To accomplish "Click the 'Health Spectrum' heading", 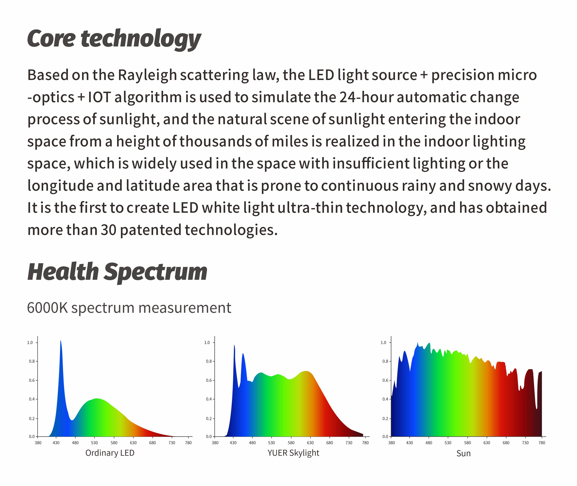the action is pyautogui.click(x=117, y=272).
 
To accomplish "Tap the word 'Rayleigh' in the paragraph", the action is pyautogui.click(x=147, y=75).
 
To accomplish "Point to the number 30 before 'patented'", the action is pyautogui.click(x=108, y=230).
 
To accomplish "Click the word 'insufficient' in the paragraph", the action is pyautogui.click(x=371, y=164).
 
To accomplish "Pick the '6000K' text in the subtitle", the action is pyautogui.click(x=47, y=308).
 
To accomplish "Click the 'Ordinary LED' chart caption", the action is pyautogui.click(x=110, y=453).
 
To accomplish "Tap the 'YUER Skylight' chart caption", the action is pyautogui.click(x=293, y=453).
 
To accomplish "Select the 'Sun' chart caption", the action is pyautogui.click(x=463, y=453).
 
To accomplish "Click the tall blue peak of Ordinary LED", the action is pyautogui.click(x=61, y=341).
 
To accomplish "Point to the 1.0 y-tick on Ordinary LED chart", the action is pyautogui.click(x=30, y=343).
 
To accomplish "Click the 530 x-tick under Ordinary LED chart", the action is pyautogui.click(x=94, y=443).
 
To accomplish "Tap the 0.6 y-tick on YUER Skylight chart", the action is pyautogui.click(x=209, y=381).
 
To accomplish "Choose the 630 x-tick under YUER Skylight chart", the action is pyautogui.click(x=310, y=443).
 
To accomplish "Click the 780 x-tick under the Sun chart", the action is pyautogui.click(x=542, y=443).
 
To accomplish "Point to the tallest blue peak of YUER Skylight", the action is pyautogui.click(x=234, y=346).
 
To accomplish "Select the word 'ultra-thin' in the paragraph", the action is pyautogui.click(x=310, y=208).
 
